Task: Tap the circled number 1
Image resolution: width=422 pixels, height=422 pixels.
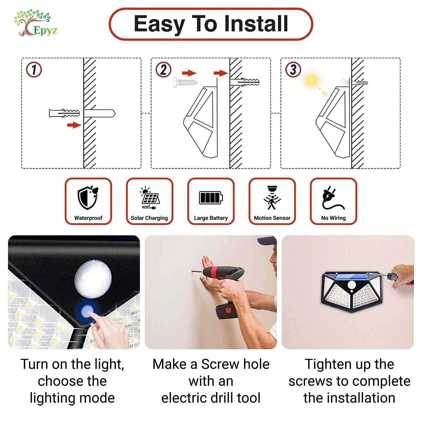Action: (x=34, y=70)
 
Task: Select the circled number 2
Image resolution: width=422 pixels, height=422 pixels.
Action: (x=163, y=69)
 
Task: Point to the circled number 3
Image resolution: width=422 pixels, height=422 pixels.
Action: (x=293, y=69)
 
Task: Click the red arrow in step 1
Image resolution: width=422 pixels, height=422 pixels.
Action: (x=74, y=125)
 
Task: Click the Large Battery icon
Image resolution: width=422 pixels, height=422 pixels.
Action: (x=211, y=197)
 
